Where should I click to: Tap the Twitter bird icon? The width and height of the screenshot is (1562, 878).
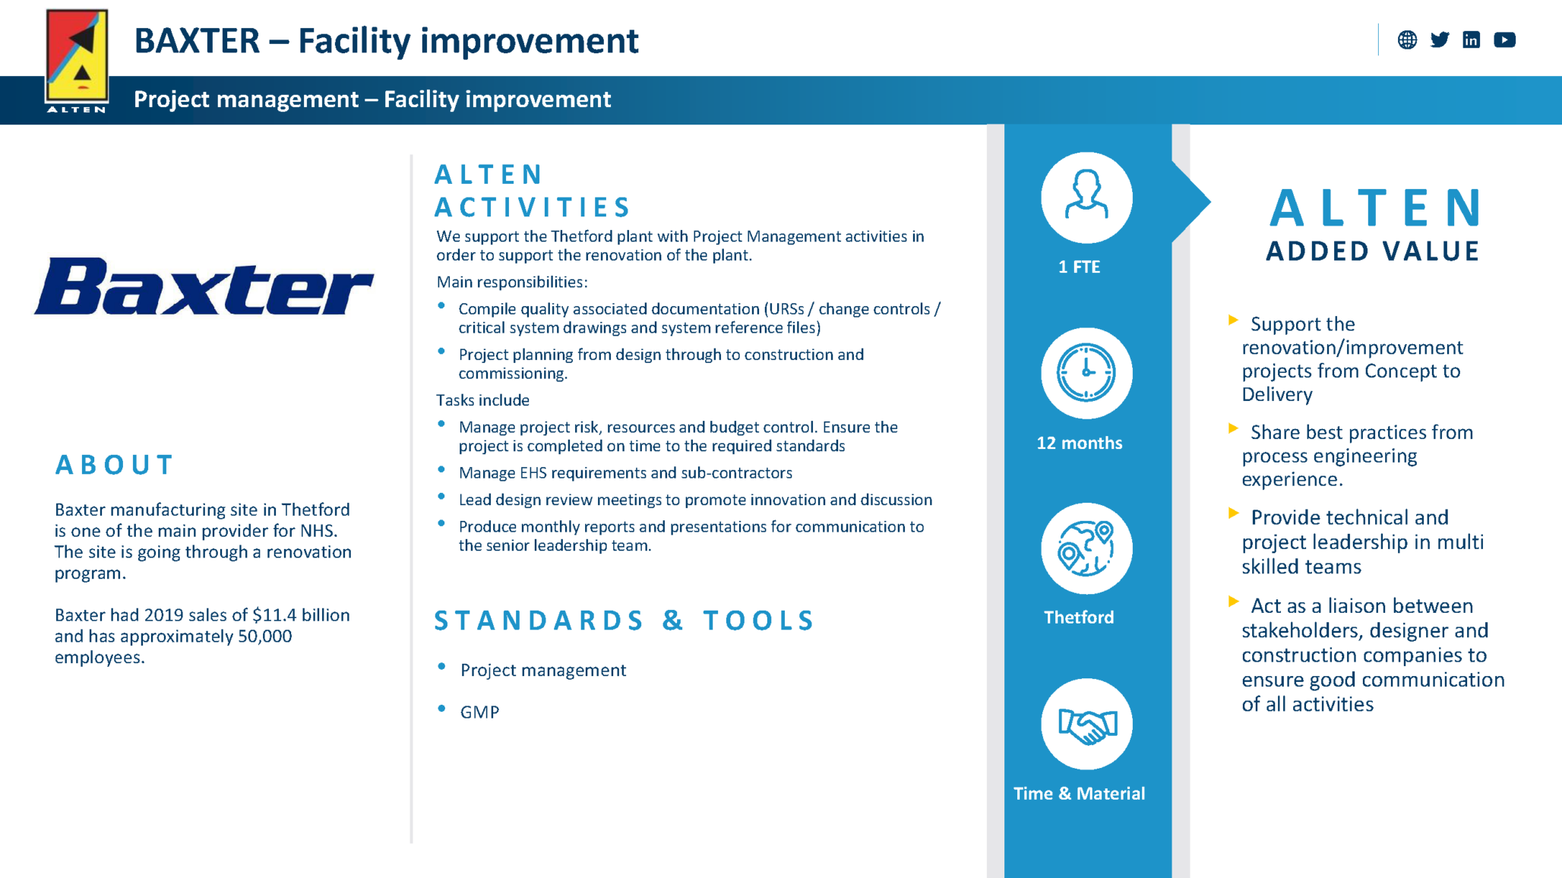(x=1439, y=39)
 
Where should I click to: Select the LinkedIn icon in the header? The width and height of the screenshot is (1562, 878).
(x=1471, y=39)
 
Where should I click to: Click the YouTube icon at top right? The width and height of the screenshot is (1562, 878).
(x=1504, y=39)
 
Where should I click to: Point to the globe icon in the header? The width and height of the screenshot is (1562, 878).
(x=1407, y=39)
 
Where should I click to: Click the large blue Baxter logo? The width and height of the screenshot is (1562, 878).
(x=204, y=287)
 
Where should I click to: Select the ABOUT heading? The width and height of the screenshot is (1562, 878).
(x=115, y=465)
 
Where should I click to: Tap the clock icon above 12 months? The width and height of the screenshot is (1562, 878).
(x=1086, y=373)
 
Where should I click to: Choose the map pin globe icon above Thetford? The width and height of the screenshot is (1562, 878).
(x=1086, y=548)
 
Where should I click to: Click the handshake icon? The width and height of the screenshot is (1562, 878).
(x=1086, y=724)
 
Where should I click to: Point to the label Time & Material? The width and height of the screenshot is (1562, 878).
(x=1079, y=793)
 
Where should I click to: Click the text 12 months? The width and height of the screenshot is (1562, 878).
(x=1079, y=443)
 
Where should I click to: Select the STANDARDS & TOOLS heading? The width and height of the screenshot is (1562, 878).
(x=624, y=621)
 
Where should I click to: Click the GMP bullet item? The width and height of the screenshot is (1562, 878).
(x=479, y=712)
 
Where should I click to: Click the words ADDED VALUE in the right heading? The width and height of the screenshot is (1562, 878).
(x=1373, y=251)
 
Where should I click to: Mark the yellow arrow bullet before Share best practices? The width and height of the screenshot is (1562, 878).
(x=1233, y=429)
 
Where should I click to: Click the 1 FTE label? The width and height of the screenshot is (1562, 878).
(x=1079, y=267)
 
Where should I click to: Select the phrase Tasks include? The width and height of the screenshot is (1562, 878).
(x=482, y=400)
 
